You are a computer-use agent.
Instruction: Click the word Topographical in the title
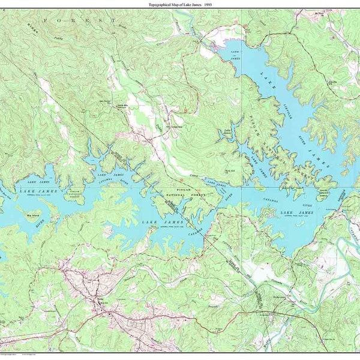coord(161,5)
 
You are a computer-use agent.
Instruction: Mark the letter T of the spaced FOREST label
coord(114,20)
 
